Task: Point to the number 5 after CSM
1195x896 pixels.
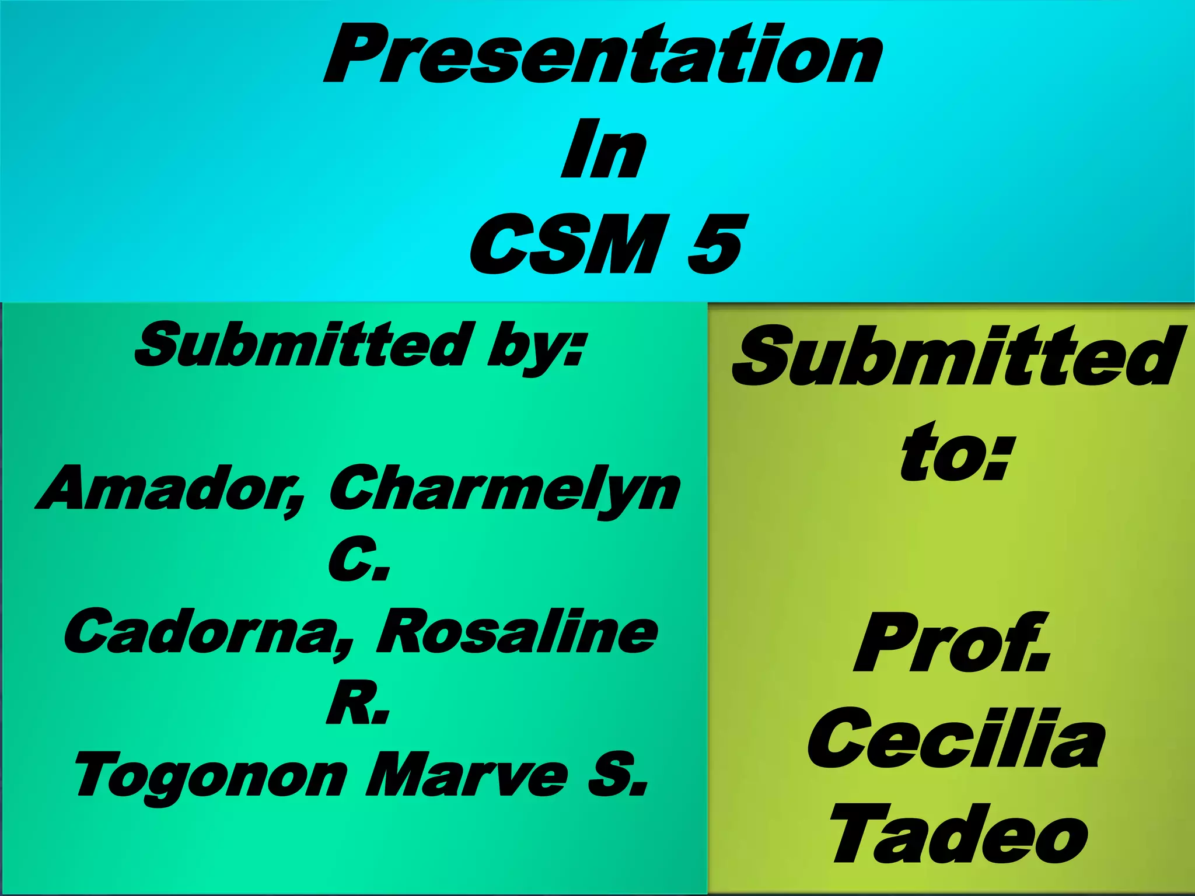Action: tap(715, 245)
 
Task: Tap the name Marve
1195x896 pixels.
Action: tap(467, 773)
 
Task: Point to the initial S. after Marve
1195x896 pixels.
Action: tap(617, 773)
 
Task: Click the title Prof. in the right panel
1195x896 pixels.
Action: tap(951, 645)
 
